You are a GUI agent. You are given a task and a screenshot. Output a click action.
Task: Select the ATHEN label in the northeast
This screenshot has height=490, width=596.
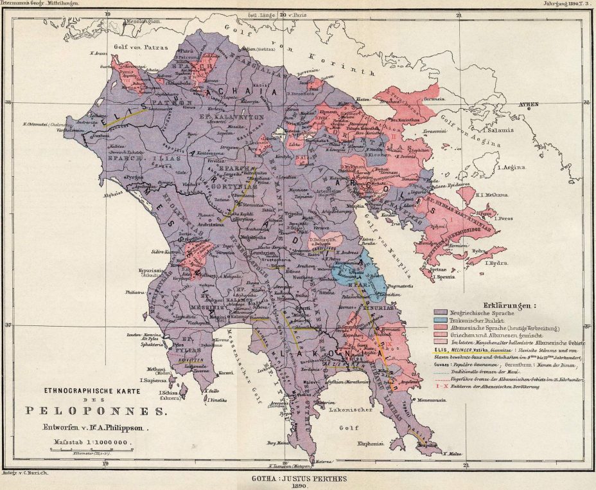tap(530, 104)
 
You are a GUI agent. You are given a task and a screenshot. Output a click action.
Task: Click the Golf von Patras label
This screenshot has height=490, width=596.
tap(136, 47)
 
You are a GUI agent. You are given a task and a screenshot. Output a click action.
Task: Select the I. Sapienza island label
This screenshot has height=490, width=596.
tap(156, 381)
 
